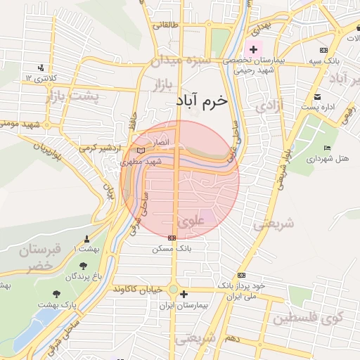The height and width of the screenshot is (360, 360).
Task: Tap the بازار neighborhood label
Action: pyautogui.click(x=164, y=86)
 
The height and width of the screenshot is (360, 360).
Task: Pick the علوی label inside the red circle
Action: pyautogui.click(x=191, y=221)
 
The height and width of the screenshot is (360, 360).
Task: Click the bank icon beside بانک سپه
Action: pyautogui.click(x=323, y=50)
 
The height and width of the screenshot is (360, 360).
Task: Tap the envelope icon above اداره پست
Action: pyautogui.click(x=318, y=96)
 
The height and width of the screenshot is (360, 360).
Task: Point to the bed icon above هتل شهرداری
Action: pyautogui.click(x=327, y=147)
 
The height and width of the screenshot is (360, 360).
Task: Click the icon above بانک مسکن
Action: pyautogui.click(x=172, y=238)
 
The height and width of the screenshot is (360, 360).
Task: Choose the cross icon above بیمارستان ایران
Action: pyautogui.click(x=184, y=295)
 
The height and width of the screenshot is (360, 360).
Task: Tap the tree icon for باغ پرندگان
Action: pyautogui.click(x=84, y=266)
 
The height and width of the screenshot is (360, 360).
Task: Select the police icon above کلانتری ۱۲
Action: pyautogui.click(x=42, y=67)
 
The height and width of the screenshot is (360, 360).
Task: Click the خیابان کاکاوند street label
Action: pyautogui.click(x=140, y=289)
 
